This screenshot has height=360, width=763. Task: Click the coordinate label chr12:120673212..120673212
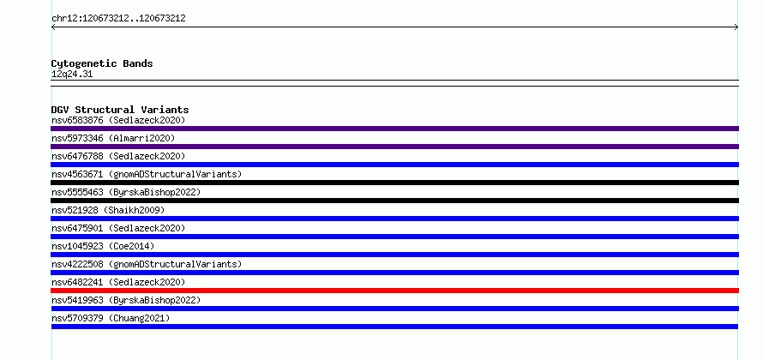[118, 19]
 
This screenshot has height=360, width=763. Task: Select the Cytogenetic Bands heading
[102, 63]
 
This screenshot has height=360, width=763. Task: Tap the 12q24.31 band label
[72, 75]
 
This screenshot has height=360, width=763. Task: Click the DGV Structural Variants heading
[120, 110]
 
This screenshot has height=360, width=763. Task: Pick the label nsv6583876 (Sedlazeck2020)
[118, 120]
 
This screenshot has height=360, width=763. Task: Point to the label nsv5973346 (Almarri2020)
[113, 138]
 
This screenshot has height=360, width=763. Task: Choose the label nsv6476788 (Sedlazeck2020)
[118, 156]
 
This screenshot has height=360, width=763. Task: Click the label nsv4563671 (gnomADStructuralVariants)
[147, 174]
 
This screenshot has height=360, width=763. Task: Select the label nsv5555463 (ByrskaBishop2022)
[126, 192]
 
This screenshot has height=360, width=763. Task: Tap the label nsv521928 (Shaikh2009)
[108, 210]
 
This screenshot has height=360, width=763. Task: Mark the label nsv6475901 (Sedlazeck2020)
[118, 228]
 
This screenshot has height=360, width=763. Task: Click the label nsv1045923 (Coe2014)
[103, 246]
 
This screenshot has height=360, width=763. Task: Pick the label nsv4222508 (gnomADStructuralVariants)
[147, 264]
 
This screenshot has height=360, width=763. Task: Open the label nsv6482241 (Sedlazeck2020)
[118, 282]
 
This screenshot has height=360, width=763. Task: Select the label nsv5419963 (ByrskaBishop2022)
[126, 300]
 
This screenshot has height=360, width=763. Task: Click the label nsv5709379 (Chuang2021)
[111, 318]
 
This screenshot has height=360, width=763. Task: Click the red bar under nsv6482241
[394, 291]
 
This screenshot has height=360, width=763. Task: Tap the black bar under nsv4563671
[394, 183]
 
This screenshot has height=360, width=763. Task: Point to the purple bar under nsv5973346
[394, 147]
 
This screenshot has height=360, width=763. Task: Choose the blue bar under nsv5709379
[394, 327]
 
